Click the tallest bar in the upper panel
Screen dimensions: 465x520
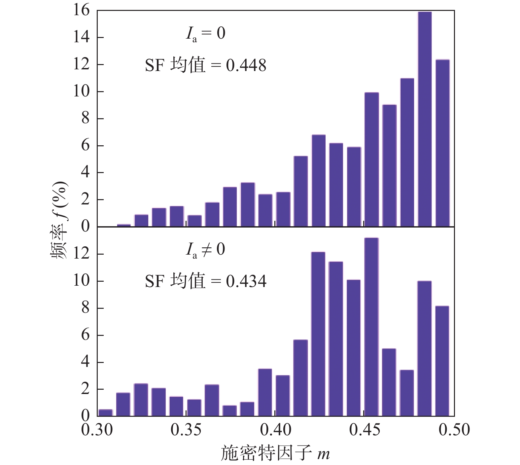pos(425,119)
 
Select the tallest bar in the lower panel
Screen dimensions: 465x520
pos(372,327)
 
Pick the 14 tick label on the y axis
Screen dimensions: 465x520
pos(81,37)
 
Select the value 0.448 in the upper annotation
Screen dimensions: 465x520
pos(246,66)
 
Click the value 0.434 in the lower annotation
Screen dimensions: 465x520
pos(246,281)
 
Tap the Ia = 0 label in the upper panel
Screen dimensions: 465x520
pos(205,34)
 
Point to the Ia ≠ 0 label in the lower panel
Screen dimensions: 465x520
pos(205,250)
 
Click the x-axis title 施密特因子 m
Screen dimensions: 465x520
pos(275,453)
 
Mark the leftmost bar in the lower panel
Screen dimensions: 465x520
pos(106,412)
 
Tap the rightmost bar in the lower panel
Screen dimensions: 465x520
pos(442,361)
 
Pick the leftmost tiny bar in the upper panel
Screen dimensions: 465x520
pos(124,225)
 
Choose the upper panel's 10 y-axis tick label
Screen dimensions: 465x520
pos(81,91)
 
